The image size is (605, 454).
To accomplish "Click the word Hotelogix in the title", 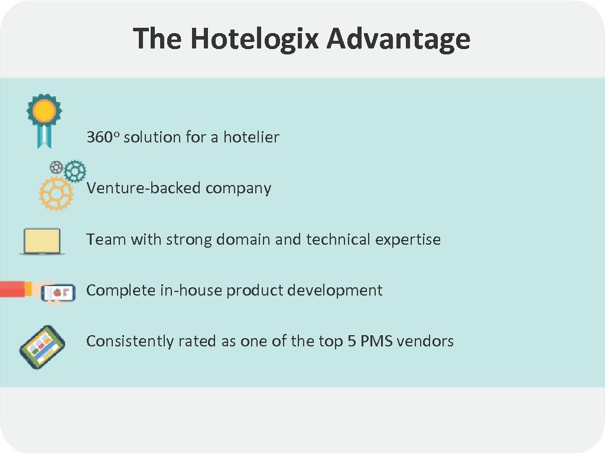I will click(x=255, y=39).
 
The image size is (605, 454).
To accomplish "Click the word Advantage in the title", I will click(x=398, y=39).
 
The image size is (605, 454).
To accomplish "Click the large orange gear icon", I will click(x=56, y=193).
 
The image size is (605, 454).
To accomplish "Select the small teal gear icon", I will click(x=75, y=171).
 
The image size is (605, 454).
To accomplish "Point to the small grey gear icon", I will click(x=57, y=167).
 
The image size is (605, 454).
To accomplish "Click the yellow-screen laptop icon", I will click(x=42, y=241).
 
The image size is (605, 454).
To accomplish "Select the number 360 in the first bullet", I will click(x=100, y=138).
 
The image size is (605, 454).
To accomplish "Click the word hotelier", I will click(x=251, y=137).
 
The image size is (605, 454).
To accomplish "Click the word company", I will click(x=239, y=189).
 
